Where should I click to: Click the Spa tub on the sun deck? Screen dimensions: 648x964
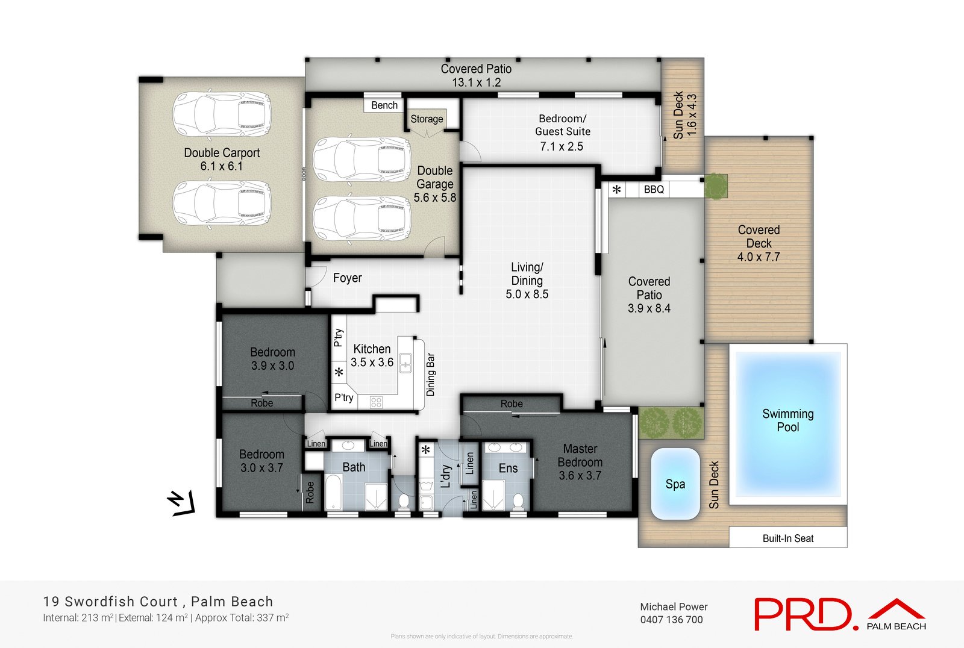point(675,484)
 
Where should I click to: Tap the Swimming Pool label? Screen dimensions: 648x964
point(787,420)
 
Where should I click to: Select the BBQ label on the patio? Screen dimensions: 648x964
point(654,190)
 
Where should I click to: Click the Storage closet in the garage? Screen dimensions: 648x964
point(427,119)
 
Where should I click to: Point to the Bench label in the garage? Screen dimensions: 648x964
point(384,105)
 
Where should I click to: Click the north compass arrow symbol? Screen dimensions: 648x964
point(181,503)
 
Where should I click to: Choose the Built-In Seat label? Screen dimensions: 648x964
point(787,538)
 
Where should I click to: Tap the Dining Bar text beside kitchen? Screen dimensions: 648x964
point(431,375)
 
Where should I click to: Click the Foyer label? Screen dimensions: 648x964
point(347,278)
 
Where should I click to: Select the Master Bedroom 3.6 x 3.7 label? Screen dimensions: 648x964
point(580,462)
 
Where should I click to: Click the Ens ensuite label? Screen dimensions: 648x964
point(508,469)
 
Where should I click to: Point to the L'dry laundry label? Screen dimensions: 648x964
point(446,476)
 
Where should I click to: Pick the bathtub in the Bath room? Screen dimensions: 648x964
point(334,493)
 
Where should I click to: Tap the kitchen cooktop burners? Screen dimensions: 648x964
point(376,402)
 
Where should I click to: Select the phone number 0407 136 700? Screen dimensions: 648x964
point(671,620)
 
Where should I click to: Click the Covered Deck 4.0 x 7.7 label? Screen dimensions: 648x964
point(759,243)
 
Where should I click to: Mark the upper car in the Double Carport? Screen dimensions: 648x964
point(221,114)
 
